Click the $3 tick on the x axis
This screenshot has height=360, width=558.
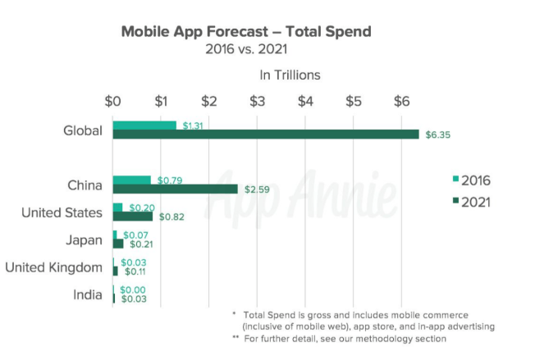[257, 101]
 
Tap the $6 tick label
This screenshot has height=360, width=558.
[401, 101]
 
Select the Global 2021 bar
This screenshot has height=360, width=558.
[266, 134]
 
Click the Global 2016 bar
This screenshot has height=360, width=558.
[144, 125]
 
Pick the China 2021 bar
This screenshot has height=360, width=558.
[175, 189]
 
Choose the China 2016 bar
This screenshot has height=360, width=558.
[132, 180]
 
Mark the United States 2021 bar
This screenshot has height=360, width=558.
[133, 216]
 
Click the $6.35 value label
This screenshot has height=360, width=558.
[434, 134]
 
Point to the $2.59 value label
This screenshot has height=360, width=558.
[254, 189]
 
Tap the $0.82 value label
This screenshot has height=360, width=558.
[168, 217]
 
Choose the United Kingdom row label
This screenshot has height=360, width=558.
[54, 267]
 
